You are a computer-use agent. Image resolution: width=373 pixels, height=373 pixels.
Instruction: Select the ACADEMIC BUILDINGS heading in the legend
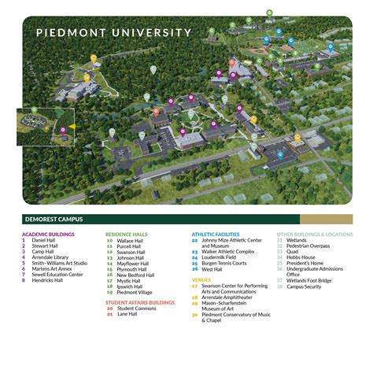pos(48,235)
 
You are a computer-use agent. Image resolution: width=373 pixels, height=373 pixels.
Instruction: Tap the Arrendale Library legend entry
pos(51,257)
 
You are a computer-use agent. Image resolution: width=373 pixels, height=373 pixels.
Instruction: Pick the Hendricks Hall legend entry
pos(50,280)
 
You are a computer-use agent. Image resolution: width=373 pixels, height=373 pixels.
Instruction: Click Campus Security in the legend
pos(308,286)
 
